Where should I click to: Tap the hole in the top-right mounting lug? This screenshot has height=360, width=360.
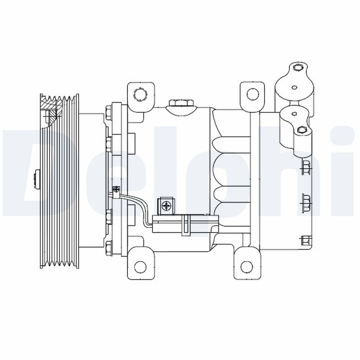(253, 94)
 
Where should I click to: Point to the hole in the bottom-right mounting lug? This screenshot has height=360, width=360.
(247, 266)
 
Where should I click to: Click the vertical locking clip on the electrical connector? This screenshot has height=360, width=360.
(185, 225)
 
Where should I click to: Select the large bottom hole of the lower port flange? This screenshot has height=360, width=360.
(302, 130)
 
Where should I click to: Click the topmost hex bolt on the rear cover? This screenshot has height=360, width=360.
(306, 167)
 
